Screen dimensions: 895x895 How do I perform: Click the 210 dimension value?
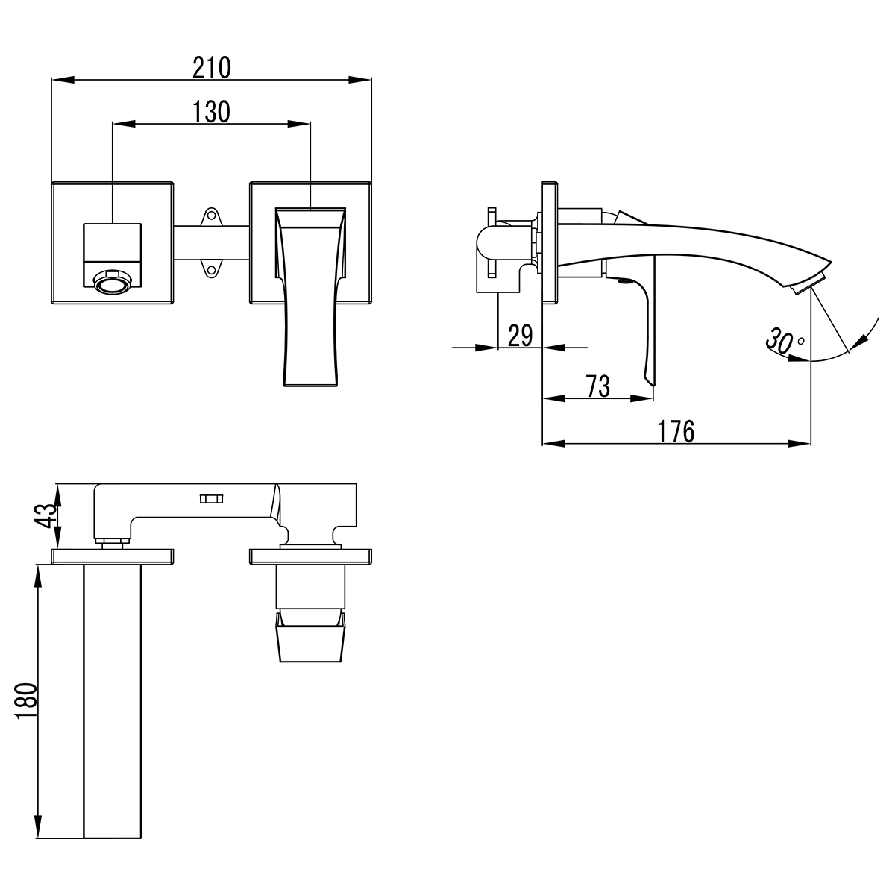click(212, 67)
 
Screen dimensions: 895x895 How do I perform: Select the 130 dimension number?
click(212, 112)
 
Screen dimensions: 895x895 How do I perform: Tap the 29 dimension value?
click(520, 336)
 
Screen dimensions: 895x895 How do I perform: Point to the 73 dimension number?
click(598, 386)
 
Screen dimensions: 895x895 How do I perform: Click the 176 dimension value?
click(676, 431)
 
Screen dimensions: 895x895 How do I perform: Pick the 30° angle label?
click(783, 342)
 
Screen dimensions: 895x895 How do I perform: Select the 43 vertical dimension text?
click(46, 515)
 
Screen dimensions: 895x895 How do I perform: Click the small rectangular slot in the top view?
click(210, 499)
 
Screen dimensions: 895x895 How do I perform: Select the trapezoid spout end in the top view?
click(312, 638)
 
